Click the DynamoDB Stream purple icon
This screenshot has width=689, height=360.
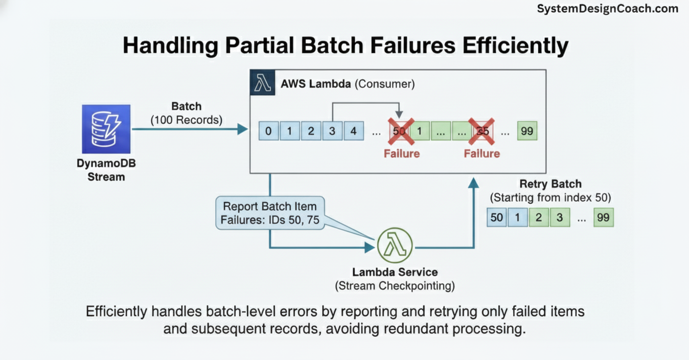point(106,129)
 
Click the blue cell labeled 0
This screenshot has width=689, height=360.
point(268,131)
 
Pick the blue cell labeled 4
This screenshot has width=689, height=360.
point(353,131)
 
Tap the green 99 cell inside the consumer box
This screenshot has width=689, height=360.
point(527,131)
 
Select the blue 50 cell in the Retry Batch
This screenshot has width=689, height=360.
point(497,217)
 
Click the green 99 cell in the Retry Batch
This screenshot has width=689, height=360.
point(603,217)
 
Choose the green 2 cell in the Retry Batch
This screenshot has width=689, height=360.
point(539,217)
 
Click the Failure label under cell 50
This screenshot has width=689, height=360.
point(401,154)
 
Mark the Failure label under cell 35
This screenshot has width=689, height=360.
point(482,154)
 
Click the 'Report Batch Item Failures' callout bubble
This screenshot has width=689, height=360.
point(270,213)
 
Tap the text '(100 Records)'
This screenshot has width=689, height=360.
point(186,119)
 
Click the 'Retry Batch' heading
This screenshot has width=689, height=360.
point(551,184)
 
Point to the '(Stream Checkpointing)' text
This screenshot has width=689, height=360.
point(394,286)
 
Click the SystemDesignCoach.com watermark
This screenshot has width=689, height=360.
point(607,9)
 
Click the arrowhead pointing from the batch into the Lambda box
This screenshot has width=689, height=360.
point(242,129)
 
